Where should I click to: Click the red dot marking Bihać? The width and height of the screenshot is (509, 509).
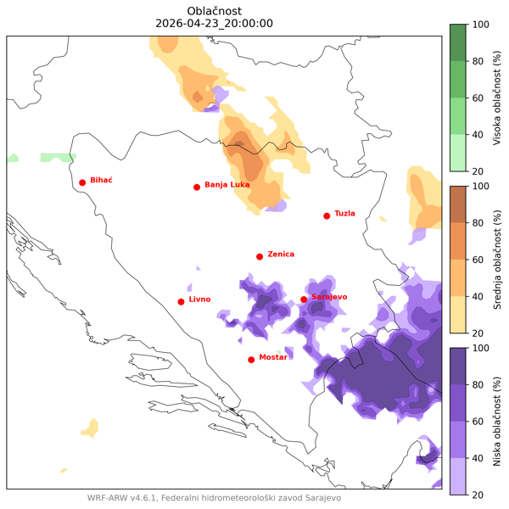point(82,182)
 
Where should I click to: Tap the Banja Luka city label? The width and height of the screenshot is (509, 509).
point(227,184)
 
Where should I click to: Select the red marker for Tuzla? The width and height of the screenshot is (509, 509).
point(327,216)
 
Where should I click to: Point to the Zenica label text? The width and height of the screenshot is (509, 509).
point(281,254)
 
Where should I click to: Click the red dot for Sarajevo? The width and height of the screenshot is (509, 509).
point(304,299)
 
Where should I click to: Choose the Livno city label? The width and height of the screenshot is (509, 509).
point(199,299)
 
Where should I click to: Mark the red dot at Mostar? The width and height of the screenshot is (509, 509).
point(251,360)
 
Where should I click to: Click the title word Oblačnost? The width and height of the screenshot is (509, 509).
point(215,10)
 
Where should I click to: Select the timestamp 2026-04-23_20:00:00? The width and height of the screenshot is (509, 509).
point(215,24)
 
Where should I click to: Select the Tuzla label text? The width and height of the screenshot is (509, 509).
point(345,214)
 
